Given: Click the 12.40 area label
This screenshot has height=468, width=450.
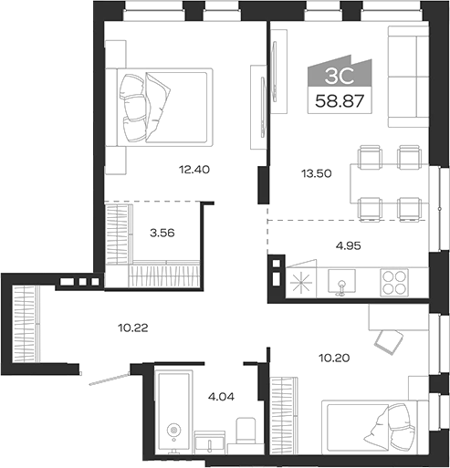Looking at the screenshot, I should click(x=193, y=169).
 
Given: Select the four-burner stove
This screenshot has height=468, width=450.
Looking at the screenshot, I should click(x=395, y=282).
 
